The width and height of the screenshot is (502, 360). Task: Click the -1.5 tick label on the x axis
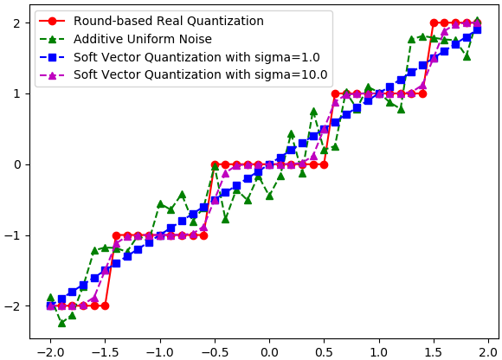[x=106, y=352]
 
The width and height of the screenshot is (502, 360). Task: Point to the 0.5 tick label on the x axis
[x=324, y=352]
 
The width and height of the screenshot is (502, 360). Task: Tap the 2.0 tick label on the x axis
[x=488, y=352]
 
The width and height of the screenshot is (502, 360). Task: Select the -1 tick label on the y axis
[x=13, y=236]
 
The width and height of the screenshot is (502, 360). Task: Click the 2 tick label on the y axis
[x=17, y=23]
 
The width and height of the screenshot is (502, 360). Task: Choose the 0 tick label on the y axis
[x=17, y=164]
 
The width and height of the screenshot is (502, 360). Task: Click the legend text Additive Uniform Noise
[x=143, y=39]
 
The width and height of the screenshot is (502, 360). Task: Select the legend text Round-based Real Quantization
[x=169, y=21]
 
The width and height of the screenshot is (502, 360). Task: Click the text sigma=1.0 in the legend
[x=287, y=57]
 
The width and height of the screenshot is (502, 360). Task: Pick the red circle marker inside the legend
[x=52, y=21]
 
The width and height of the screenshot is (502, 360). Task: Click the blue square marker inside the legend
[x=52, y=57]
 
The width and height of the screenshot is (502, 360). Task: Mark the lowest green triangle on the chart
[x=61, y=323]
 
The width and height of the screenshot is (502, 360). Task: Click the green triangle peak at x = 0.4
[x=313, y=112]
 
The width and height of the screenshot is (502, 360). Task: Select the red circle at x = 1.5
[x=434, y=23]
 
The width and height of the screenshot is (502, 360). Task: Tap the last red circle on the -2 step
[x=106, y=306]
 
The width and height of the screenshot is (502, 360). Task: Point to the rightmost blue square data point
[x=478, y=30]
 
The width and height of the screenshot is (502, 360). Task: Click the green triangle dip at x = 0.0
[x=269, y=196]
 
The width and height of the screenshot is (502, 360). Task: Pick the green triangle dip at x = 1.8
[x=467, y=56]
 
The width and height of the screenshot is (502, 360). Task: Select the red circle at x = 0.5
[x=324, y=164]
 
